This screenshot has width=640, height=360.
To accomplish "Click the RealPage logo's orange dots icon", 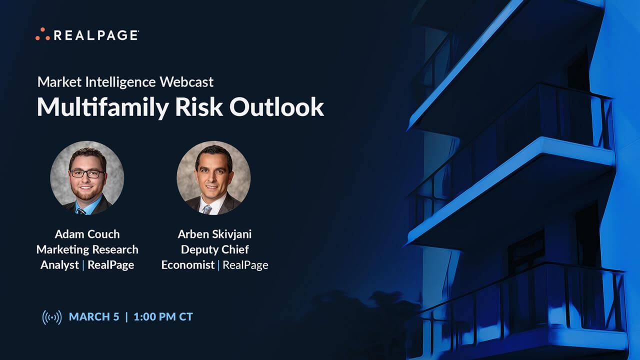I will click(x=42, y=34).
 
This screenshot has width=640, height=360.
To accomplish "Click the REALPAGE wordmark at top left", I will click(x=95, y=35).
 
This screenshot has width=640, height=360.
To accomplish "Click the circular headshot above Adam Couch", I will click(x=87, y=178).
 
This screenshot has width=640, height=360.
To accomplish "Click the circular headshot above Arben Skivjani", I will click(x=213, y=178).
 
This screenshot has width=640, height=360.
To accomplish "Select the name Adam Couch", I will click(x=87, y=234).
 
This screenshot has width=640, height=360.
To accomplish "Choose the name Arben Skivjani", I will click(x=214, y=234).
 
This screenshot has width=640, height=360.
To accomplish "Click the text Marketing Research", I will click(x=87, y=249).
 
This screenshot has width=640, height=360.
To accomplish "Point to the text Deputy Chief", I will click(x=214, y=249).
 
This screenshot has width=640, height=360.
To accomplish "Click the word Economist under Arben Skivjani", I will click(x=187, y=265).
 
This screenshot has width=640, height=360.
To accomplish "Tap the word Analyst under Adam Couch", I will click(x=59, y=265).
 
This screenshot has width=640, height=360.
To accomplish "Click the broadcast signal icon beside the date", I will click(x=52, y=317).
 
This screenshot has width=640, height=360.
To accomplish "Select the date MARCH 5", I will click(x=94, y=316).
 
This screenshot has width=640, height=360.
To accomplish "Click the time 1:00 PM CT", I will click(x=163, y=316).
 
